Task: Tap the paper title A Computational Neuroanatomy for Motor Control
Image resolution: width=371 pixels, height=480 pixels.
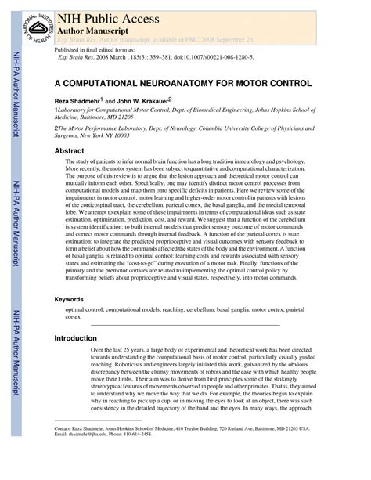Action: pyautogui.click(x=183, y=82)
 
